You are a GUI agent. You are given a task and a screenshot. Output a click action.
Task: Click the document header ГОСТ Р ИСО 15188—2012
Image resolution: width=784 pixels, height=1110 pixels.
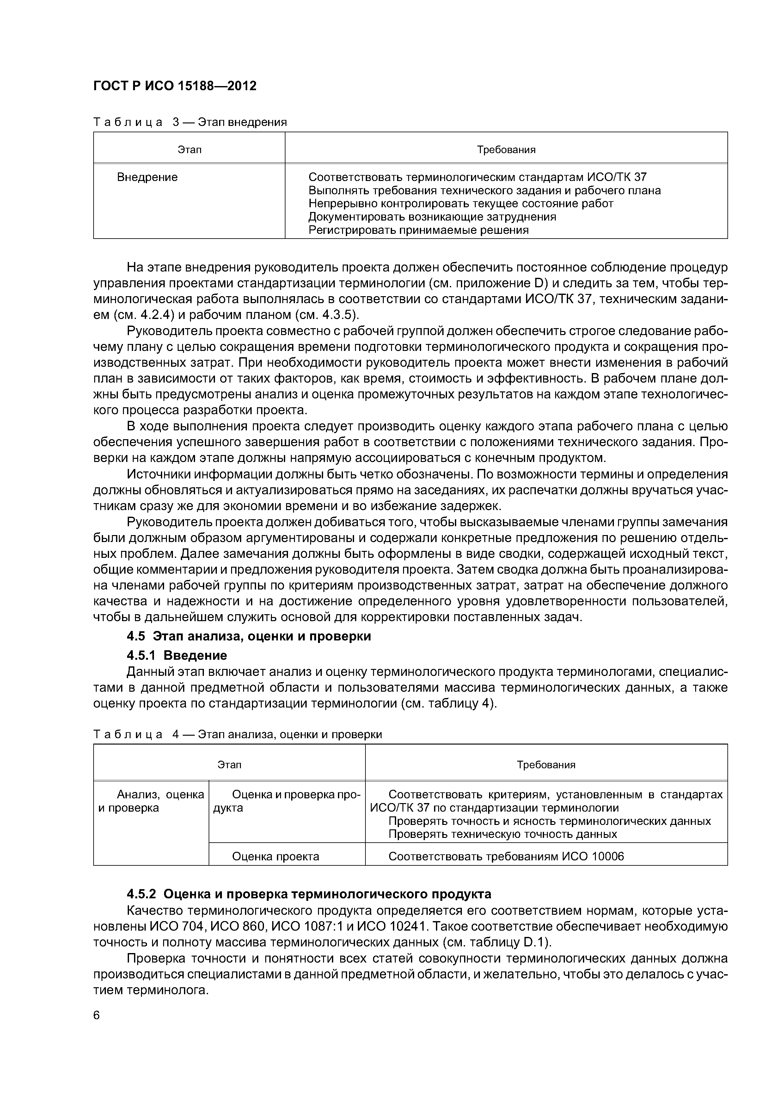[175, 86]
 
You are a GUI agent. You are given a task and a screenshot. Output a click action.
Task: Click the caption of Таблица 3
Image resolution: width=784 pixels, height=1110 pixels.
[190, 122]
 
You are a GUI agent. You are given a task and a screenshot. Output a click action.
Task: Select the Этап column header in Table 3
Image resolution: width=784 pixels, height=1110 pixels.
[189, 150]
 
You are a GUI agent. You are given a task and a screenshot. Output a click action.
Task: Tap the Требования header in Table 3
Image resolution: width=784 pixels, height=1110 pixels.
[506, 150]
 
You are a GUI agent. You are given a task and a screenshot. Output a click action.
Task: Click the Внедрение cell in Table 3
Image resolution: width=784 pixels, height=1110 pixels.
[147, 178]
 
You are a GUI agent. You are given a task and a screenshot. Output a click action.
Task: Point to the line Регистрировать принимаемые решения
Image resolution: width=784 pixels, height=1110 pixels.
[418, 230]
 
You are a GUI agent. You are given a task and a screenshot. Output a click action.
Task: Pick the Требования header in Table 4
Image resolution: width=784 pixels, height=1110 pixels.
[546, 765]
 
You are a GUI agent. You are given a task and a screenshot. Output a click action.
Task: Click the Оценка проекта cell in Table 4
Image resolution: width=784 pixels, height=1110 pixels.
[275, 857]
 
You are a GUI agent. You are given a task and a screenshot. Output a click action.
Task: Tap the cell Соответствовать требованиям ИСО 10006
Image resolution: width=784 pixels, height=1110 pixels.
[506, 857]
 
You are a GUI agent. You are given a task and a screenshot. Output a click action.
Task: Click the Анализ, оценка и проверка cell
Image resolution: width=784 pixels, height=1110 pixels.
[151, 801]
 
